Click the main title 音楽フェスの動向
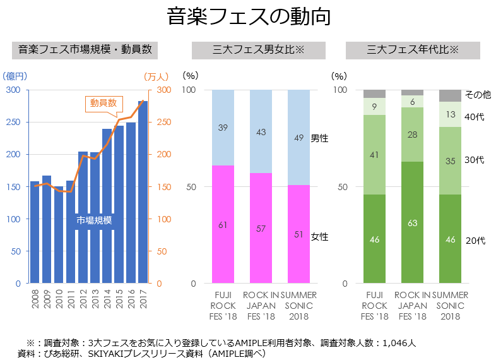[249, 17]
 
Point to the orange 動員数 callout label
[103, 103]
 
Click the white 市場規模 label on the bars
[94, 220]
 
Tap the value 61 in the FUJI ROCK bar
[223, 225]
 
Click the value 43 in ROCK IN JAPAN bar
[261, 132]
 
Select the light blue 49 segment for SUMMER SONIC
[299, 138]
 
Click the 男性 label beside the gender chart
[320, 138]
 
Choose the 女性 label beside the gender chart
[320, 237]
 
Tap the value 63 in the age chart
[412, 223]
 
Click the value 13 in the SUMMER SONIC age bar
[451, 114]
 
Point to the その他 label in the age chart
[478, 95]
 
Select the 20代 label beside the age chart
[475, 241]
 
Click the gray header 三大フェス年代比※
[413, 50]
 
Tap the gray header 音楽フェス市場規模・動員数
[85, 50]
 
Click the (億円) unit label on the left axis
[15, 76]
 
